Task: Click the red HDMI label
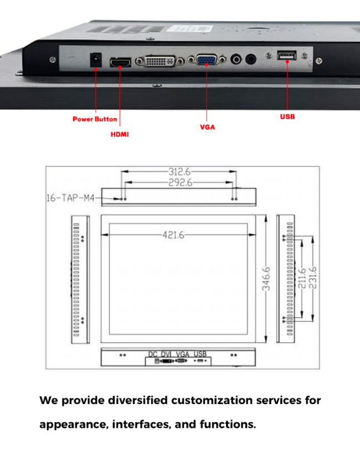[120, 134]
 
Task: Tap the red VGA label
[207, 127]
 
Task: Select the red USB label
[287, 116]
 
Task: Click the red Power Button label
[95, 119]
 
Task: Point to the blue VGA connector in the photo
[207, 59]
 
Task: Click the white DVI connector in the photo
[160, 61]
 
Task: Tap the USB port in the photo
[286, 55]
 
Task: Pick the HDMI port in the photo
[120, 63]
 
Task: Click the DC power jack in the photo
[96, 59]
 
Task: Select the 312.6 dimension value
[179, 172]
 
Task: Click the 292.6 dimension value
[180, 182]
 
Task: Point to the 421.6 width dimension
[173, 235]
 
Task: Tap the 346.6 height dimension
[266, 279]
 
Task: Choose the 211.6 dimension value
[302, 278]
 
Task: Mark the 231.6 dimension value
[312, 278]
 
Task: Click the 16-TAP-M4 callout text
[70, 198]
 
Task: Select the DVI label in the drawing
[167, 354]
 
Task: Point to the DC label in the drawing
[153, 354]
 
